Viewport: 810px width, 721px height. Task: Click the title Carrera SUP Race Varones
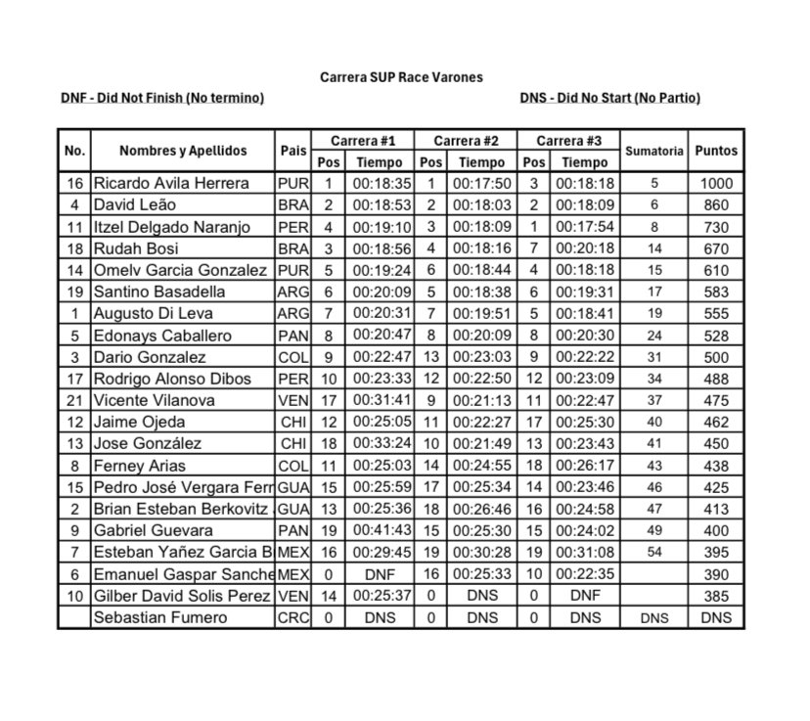click(x=401, y=76)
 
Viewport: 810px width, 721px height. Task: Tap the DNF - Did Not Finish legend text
click(x=162, y=98)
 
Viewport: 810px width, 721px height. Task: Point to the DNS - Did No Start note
click(x=610, y=98)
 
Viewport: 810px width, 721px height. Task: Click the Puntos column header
click(x=716, y=151)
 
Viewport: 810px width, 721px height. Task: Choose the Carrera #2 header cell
click(x=467, y=141)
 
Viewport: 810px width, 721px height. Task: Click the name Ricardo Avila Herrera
click(x=171, y=183)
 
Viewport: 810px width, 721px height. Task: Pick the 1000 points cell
click(x=716, y=183)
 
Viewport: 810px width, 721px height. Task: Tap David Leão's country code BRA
click(x=292, y=205)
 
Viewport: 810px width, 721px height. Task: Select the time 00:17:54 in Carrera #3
click(x=586, y=227)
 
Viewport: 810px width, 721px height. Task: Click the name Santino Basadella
click(x=159, y=292)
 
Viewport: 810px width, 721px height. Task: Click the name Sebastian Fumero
click(x=159, y=617)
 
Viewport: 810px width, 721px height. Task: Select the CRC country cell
click(x=292, y=617)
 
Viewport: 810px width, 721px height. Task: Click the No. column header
click(x=74, y=151)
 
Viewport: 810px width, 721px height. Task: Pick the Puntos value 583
click(x=716, y=292)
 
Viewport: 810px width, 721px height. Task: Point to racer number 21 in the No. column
click(x=74, y=400)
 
